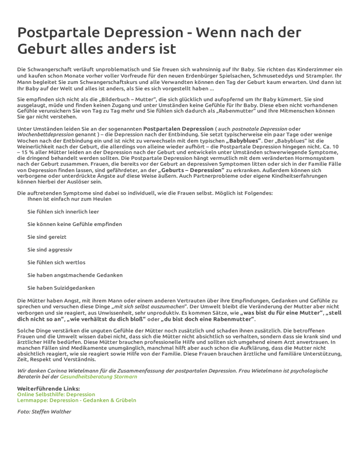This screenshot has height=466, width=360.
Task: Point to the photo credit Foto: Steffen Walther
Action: pos(44,412)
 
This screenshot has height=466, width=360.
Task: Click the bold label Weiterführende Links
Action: pos(48,389)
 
